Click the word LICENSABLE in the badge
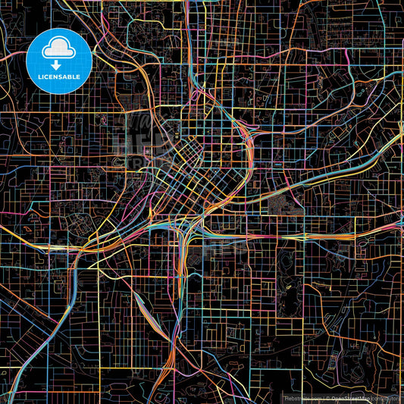click(x=59, y=76)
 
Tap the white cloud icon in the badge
click(x=59, y=47)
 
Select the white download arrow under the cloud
click(x=57, y=65)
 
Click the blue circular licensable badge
click(x=59, y=61)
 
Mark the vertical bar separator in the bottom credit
click(x=321, y=397)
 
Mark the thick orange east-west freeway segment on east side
click(x=318, y=237)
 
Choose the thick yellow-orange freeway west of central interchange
click(x=114, y=235)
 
